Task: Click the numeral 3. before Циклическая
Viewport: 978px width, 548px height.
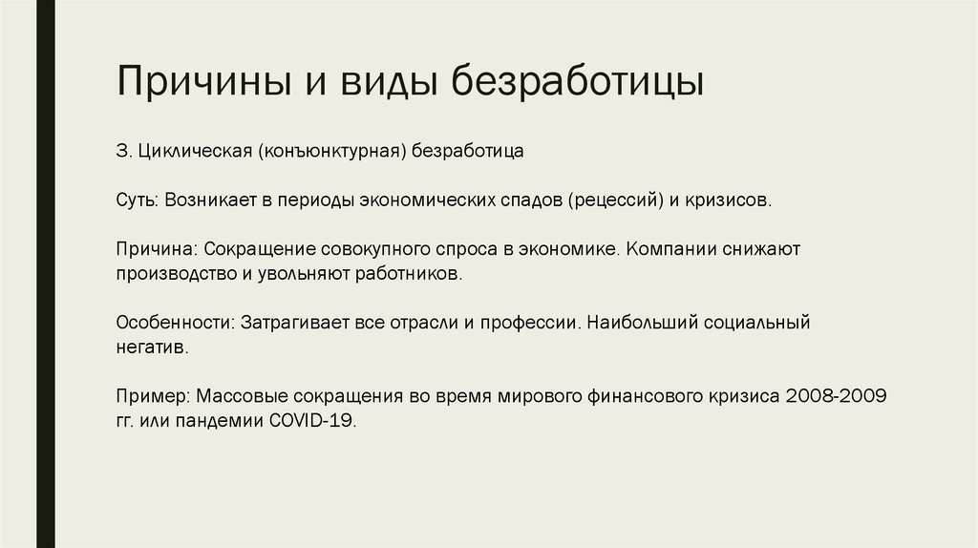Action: coord(122,152)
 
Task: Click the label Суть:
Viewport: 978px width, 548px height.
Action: coord(138,201)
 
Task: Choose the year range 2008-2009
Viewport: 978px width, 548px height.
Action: coord(828,396)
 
